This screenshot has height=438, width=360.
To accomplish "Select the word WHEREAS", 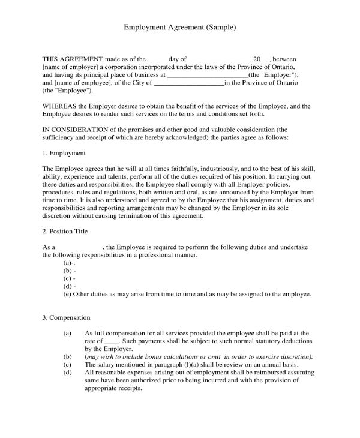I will (x=61, y=106).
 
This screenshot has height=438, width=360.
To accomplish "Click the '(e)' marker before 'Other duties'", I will (x=68, y=295).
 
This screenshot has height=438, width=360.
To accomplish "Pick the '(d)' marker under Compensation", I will (x=68, y=372).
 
